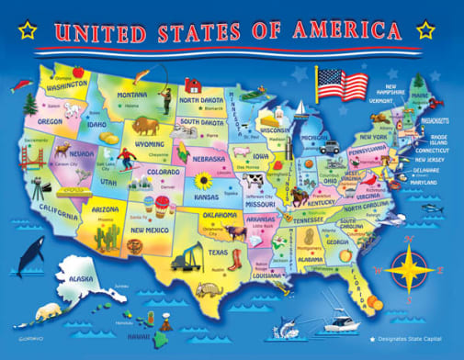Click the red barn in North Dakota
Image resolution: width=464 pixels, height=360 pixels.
193,84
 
